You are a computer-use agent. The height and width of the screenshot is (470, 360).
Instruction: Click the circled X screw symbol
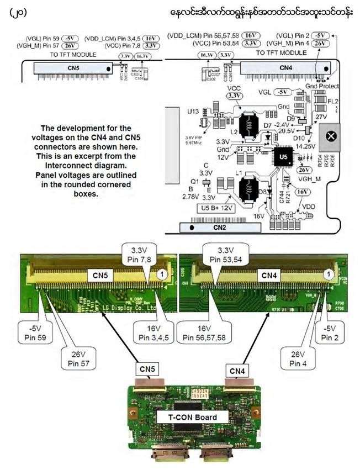point(332,136)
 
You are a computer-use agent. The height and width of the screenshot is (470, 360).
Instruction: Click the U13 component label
point(193,111)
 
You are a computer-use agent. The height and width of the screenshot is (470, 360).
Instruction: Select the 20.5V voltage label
point(286,131)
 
